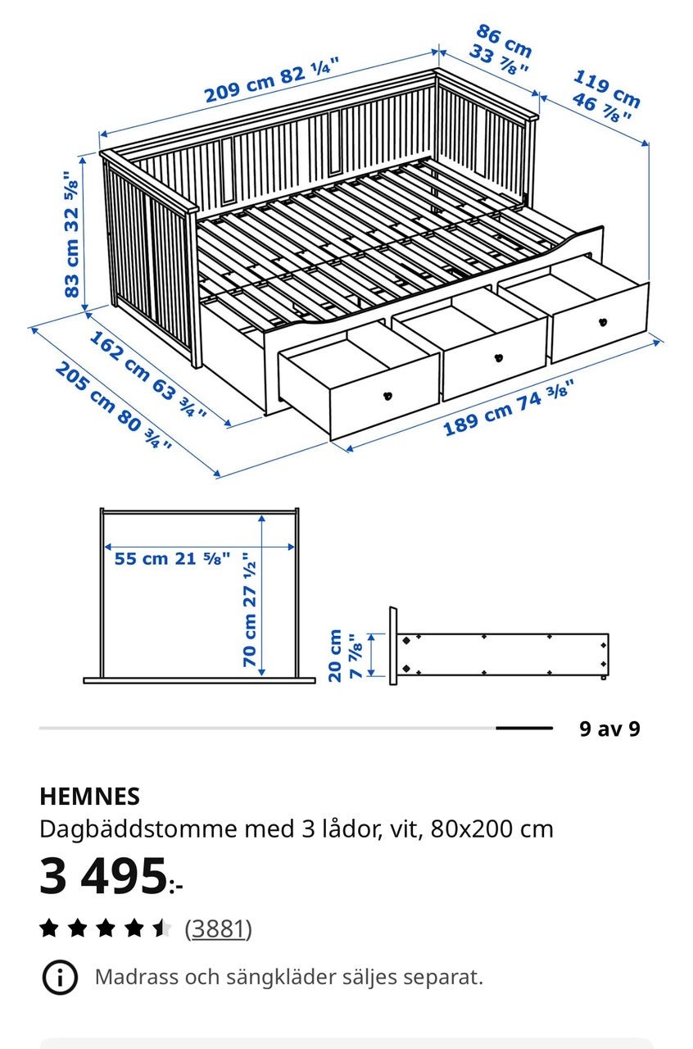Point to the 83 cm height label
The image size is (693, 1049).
pos(71,234)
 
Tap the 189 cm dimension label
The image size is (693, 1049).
pos(509,408)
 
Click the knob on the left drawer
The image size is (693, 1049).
pos(387,396)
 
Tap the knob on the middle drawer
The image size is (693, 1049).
pos(499,358)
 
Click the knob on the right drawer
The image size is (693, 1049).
pos(603,322)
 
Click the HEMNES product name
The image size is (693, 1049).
pos(89,796)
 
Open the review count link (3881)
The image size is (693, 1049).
pos(218,929)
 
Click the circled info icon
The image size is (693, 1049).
pos(60,977)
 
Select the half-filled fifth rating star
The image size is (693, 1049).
pos(162,928)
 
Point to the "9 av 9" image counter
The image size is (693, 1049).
pos(609,729)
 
